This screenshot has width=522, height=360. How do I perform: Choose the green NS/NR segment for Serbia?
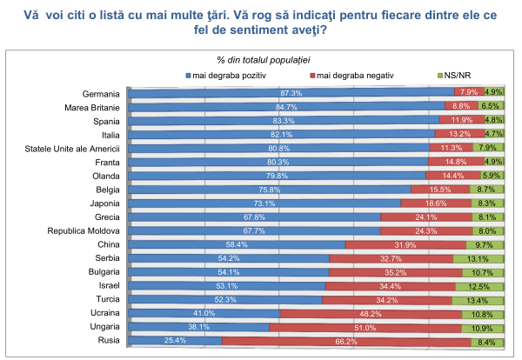(478, 258)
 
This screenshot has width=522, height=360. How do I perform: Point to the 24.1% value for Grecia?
(425, 217)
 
